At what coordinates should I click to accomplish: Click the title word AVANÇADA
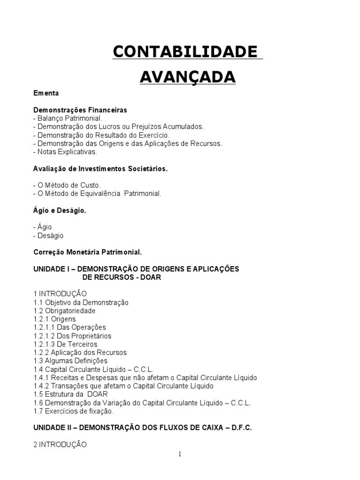coord(187,76)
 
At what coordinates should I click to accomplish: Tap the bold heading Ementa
coord(46,93)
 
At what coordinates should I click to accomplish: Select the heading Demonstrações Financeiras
coord(80,110)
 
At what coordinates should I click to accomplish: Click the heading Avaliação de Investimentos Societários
coord(100,169)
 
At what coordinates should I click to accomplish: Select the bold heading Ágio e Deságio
coord(60,210)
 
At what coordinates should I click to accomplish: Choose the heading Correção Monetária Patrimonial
coord(87,252)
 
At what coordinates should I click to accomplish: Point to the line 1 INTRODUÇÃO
coord(60,294)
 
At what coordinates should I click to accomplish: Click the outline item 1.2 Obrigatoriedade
coord(65,311)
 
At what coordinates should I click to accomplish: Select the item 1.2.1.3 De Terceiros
coord(66,344)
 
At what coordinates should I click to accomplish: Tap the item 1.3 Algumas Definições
coord(70,361)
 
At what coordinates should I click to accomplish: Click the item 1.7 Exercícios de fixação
coord(74,411)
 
